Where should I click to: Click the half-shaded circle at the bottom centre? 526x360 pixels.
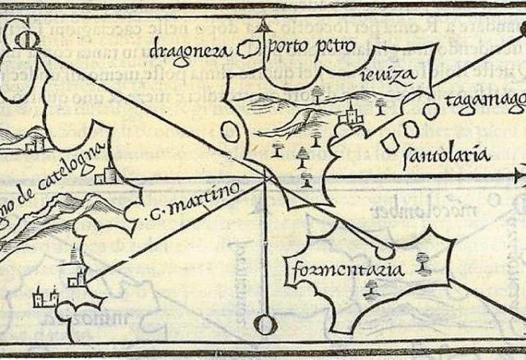pos(265,325)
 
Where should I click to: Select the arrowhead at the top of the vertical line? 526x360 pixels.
pos(265,28)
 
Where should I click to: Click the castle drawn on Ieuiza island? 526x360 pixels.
pos(351,113)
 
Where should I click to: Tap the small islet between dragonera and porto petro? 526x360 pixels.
pos(249,51)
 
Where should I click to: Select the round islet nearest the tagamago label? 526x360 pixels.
pos(430,111)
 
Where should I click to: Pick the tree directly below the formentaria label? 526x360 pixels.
pos(372,289)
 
